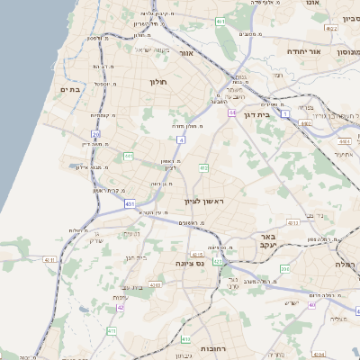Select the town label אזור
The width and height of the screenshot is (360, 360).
click(x=186, y=53)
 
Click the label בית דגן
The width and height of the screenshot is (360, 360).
click(x=257, y=114)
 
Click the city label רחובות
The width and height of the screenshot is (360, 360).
click(x=212, y=346)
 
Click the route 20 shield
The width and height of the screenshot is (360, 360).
click(x=95, y=134)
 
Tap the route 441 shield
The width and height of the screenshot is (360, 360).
click(x=128, y=157)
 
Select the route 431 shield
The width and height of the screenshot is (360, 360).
click(x=130, y=204)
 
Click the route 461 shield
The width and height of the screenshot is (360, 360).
click(x=220, y=21)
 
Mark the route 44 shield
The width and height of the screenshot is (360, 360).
click(x=232, y=112)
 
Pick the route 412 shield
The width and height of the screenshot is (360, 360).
click(x=204, y=167)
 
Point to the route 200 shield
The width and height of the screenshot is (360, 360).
click(x=285, y=268)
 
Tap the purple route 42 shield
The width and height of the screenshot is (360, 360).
click(x=121, y=307)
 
